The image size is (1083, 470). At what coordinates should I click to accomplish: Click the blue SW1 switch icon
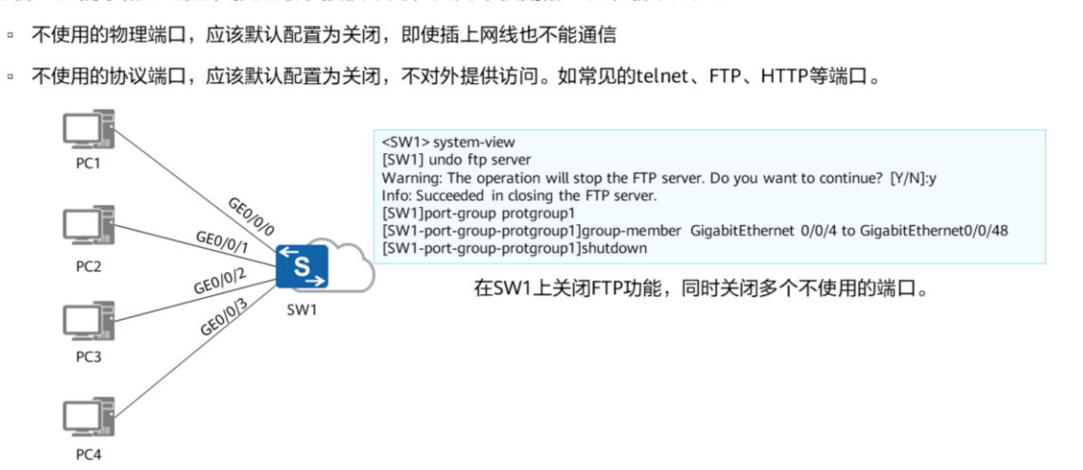point(302,267)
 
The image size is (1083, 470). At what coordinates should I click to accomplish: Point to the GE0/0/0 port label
point(251,216)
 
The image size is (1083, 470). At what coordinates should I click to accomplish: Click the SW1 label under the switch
point(303,310)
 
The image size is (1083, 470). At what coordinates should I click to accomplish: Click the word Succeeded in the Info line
point(449,196)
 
